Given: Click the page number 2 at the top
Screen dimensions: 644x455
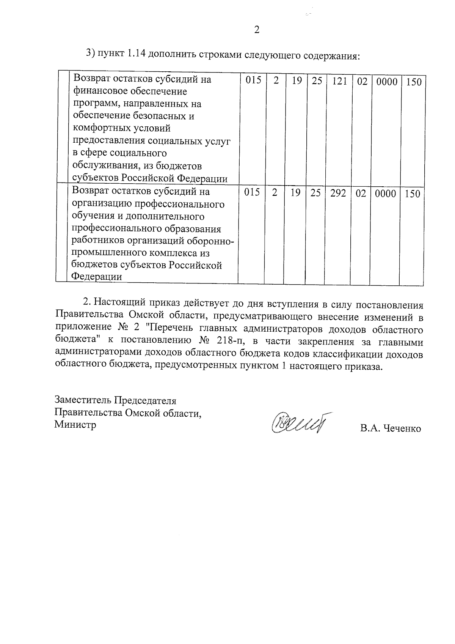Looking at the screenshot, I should (x=257, y=30).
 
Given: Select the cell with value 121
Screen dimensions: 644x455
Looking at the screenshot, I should (x=339, y=81).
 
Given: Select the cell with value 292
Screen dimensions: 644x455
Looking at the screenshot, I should (x=337, y=193).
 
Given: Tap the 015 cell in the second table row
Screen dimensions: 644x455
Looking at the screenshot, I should (x=252, y=193).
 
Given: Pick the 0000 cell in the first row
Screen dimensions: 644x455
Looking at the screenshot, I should (x=387, y=82).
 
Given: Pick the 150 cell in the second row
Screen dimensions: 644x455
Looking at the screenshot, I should (x=412, y=194).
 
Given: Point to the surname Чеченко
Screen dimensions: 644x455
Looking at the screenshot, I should (x=402, y=429).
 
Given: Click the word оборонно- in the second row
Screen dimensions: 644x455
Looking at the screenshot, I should (x=212, y=241).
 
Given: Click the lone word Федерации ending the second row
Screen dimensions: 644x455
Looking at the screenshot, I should (x=97, y=277).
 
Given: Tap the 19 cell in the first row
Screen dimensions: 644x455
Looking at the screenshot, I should (x=297, y=81).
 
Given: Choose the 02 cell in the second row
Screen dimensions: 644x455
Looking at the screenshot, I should (x=361, y=193).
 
